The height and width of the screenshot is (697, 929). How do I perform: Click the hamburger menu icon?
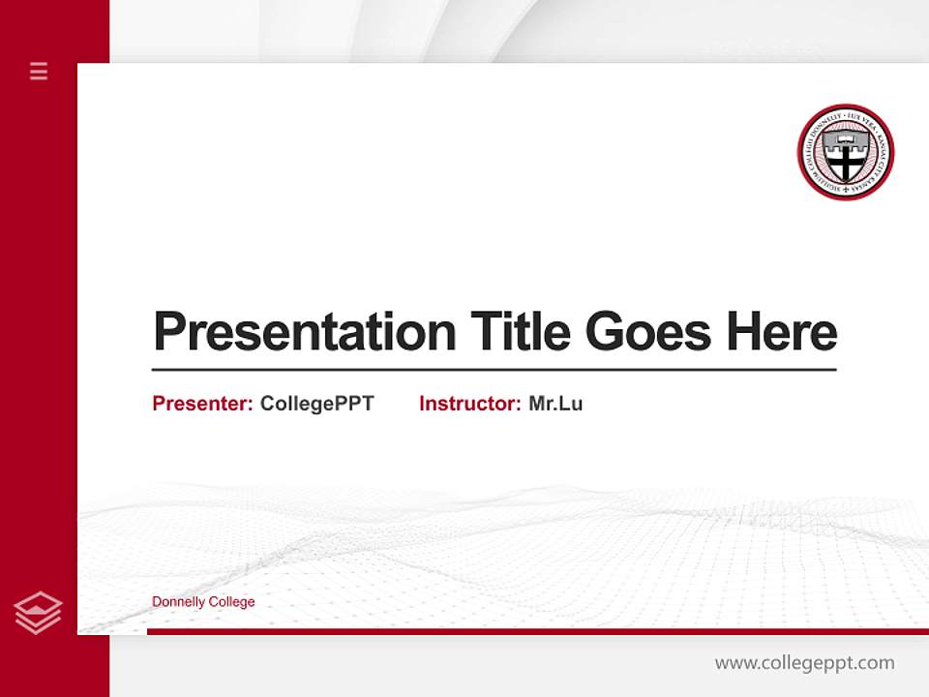39,71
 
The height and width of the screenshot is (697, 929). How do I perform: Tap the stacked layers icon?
38,613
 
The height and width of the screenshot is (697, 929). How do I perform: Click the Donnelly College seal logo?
846,153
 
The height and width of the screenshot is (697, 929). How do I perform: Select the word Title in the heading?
521,332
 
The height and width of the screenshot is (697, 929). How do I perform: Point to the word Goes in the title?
649,332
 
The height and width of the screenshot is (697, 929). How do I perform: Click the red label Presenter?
202,404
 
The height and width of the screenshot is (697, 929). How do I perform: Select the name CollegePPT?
317,404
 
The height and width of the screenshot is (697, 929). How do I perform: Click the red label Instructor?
470,404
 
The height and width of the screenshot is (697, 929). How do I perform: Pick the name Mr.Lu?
555,404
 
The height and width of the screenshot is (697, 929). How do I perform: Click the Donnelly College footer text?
203,602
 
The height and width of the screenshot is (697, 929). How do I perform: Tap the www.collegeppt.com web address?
804,663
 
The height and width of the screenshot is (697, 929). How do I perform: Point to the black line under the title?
494,369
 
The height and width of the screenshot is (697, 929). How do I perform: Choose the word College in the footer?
232,602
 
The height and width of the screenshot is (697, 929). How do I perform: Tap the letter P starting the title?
168,332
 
